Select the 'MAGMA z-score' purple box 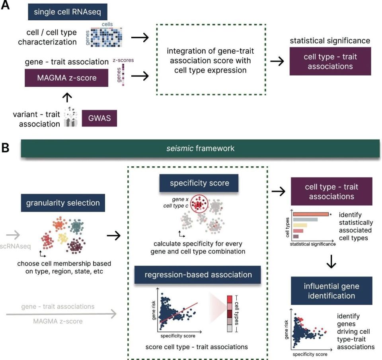66,78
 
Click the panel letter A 6,7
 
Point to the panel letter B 6,148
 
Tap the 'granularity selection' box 63,203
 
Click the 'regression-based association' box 198,274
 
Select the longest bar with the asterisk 310,214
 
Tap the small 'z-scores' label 123,60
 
